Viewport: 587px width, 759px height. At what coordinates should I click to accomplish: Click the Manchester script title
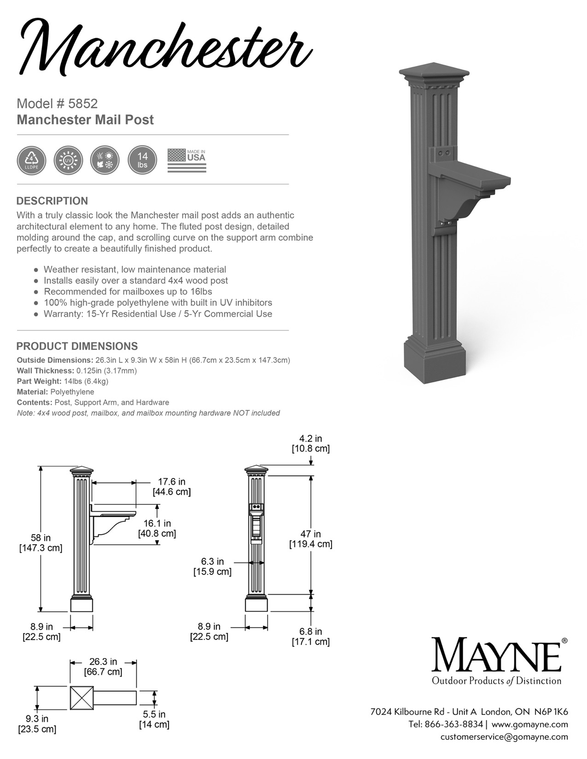[x=163, y=46]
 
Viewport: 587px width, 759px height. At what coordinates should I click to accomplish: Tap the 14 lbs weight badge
[x=142, y=161]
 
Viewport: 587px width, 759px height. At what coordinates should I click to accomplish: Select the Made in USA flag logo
[x=186, y=161]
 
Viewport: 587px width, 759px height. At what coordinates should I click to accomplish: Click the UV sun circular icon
[x=68, y=161]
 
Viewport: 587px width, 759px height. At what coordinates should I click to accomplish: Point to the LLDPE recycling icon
[x=31, y=161]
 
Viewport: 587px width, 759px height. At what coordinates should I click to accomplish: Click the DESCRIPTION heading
[x=52, y=201]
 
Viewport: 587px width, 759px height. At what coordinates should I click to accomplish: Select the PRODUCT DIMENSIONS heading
[x=77, y=346]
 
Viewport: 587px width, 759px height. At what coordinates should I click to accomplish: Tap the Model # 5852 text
[x=57, y=103]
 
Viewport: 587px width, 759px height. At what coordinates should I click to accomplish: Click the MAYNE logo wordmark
[x=495, y=655]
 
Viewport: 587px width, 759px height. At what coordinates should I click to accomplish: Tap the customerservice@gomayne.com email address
[x=504, y=736]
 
